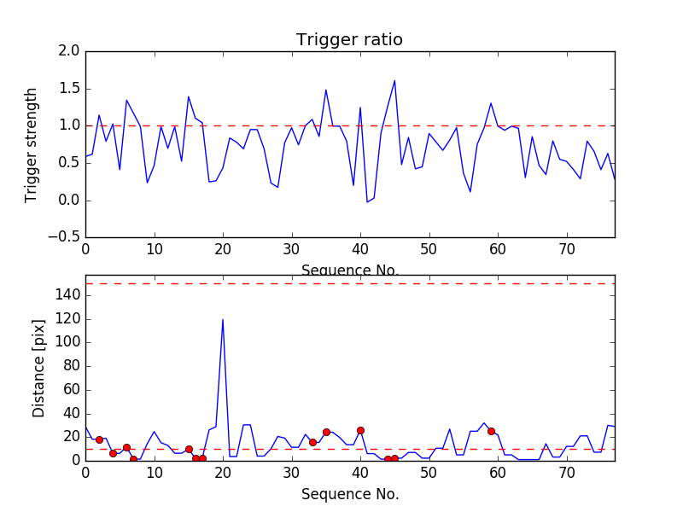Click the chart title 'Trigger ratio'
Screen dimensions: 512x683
(349, 40)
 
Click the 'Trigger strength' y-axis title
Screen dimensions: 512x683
(32, 144)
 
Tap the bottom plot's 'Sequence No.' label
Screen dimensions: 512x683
(349, 494)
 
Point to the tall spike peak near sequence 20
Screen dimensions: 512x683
(223, 319)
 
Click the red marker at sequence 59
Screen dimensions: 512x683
(491, 431)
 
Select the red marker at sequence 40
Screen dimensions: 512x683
(360, 430)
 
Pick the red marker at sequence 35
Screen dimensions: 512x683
(326, 432)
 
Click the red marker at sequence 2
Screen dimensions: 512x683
(99, 439)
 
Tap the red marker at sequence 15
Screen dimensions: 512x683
(189, 449)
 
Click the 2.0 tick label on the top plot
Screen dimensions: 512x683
(70, 51)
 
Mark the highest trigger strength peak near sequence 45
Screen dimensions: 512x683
(394, 80)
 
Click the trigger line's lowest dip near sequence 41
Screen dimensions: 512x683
(367, 202)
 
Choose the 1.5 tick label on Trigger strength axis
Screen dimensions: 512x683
(70, 89)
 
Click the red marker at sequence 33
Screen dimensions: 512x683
(312, 442)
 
